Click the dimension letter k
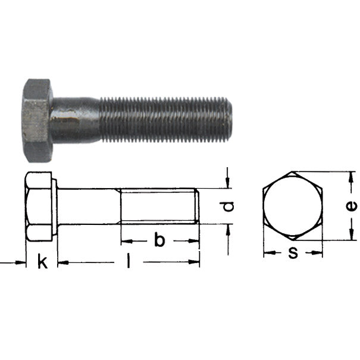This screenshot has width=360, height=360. pyautogui.click(x=41, y=261)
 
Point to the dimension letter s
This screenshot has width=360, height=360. pyautogui.click(x=293, y=252)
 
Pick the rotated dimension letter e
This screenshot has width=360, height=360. pyautogui.click(x=352, y=205)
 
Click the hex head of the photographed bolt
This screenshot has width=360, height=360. pyautogui.click(x=37, y=119)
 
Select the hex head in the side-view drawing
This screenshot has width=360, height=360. pyautogui.click(x=40, y=206)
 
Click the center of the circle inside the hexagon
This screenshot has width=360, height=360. pyautogui.click(x=293, y=206)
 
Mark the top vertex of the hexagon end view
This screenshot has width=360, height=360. pyautogui.click(x=293, y=173)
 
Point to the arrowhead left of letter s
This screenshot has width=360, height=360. pyautogui.click(x=267, y=253)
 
